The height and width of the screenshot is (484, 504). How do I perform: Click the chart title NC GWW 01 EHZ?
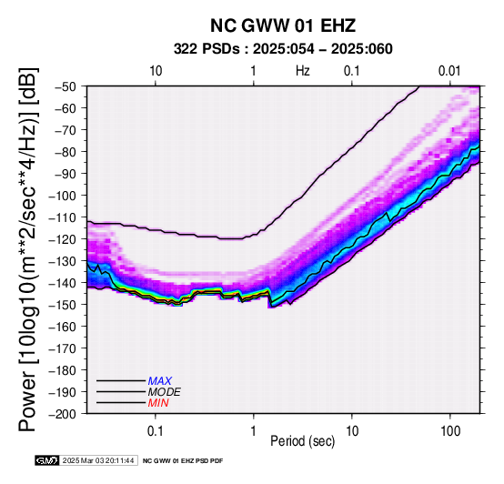click(x=283, y=25)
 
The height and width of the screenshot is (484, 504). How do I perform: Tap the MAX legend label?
click(x=160, y=381)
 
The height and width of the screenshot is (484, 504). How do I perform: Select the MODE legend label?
click(x=165, y=392)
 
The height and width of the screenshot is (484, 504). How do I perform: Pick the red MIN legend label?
click(x=158, y=403)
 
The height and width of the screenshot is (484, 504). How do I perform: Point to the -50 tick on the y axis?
click(x=66, y=86)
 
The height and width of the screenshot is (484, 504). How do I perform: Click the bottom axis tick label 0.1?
click(x=156, y=431)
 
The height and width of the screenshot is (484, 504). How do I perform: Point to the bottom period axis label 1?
click(x=254, y=431)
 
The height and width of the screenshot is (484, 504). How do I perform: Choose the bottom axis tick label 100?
click(x=450, y=431)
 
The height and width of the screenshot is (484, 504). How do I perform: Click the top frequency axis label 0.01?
click(x=450, y=71)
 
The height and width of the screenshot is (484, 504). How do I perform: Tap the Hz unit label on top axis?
click(x=303, y=71)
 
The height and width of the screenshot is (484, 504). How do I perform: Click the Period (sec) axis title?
click(x=302, y=441)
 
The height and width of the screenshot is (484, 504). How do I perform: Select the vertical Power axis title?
click(x=28, y=249)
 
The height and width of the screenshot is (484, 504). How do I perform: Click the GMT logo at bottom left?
click(x=47, y=460)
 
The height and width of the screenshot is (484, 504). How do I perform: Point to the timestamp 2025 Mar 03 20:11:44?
click(x=98, y=460)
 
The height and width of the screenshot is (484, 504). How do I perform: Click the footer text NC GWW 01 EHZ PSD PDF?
click(x=183, y=461)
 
